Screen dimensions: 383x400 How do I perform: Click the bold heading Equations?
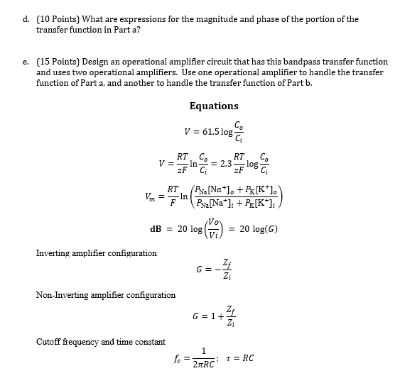pyautogui.click(x=214, y=106)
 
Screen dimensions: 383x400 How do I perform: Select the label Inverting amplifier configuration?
pyautogui.click(x=96, y=253)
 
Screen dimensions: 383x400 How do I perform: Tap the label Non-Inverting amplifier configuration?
pyautogui.click(x=105, y=295)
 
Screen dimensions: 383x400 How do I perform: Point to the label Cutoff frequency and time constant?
pyautogui.click(x=100, y=342)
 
